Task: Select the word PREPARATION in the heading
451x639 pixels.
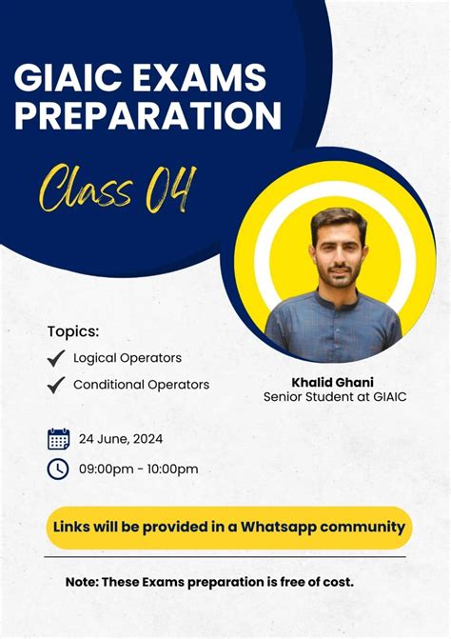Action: [x=147, y=115]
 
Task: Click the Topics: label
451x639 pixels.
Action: [x=73, y=331]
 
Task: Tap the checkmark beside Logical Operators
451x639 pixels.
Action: [x=56, y=358]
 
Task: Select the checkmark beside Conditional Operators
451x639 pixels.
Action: [x=56, y=385]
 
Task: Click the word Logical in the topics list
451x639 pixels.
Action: [x=95, y=358]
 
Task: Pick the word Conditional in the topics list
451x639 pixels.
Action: [x=108, y=385]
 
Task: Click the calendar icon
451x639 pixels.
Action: [x=59, y=439]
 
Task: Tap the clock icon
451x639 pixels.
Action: [x=59, y=469]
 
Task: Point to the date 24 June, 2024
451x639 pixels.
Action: [x=121, y=439]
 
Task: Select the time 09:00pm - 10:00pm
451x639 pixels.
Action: [x=139, y=469]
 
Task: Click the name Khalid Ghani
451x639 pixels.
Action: [x=333, y=382]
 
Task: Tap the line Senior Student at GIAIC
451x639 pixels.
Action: [x=334, y=397]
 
